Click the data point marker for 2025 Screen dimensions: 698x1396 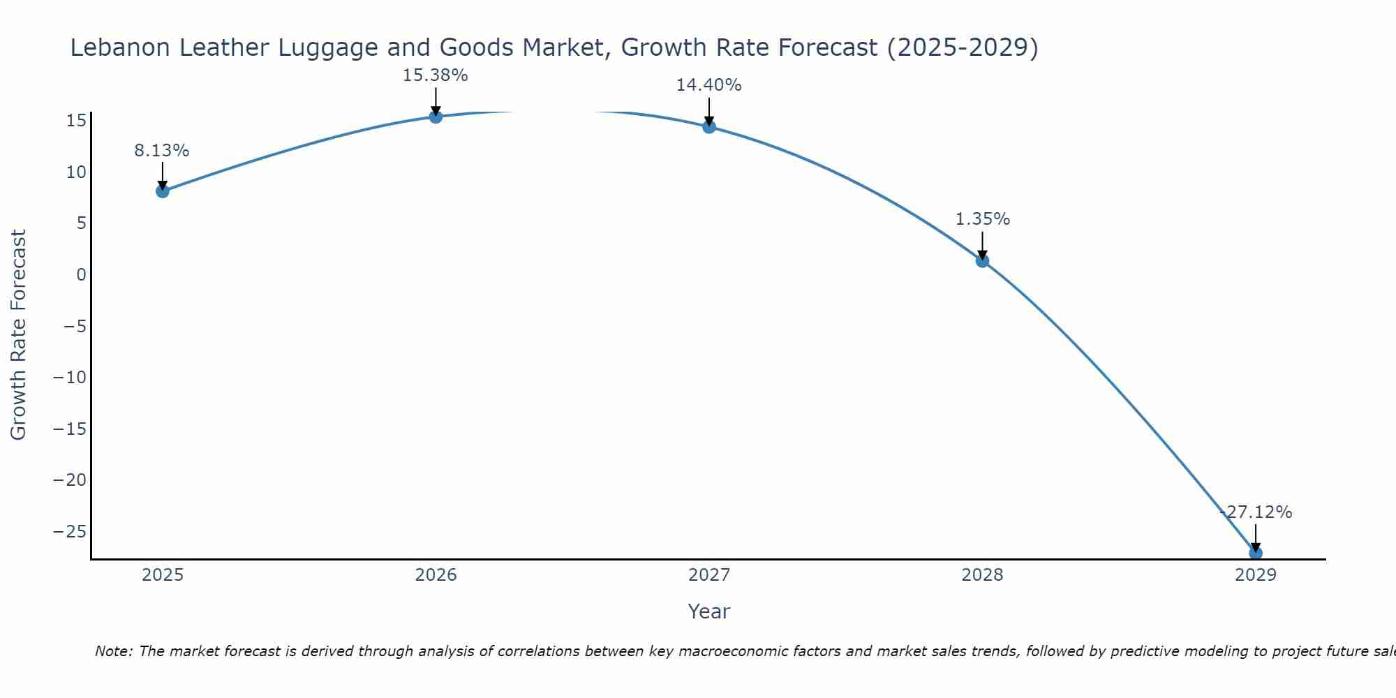pos(163,191)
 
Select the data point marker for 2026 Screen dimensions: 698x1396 pos(436,117)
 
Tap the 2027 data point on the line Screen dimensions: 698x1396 pos(709,127)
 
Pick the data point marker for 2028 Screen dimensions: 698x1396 pos(982,261)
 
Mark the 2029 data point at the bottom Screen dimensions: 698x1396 pos(1255,553)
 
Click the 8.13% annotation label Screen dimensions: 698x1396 pos(162,151)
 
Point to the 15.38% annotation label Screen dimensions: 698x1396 pos(435,75)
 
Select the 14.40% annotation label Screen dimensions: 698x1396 pos(708,85)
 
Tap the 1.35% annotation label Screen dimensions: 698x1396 pos(982,219)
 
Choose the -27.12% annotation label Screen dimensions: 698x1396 pos(1256,512)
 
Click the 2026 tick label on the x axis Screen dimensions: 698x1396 pos(436,575)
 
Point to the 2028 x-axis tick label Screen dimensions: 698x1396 pos(982,575)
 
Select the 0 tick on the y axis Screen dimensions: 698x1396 pos(82,275)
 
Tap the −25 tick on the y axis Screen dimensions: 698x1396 pos(70,532)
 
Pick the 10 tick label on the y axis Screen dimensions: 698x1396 pos(76,172)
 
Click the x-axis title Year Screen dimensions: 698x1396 pos(708,611)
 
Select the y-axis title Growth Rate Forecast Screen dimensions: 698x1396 pos(19,335)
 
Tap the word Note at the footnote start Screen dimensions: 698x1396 pos(114,651)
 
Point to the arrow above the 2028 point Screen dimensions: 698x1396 pos(982,245)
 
